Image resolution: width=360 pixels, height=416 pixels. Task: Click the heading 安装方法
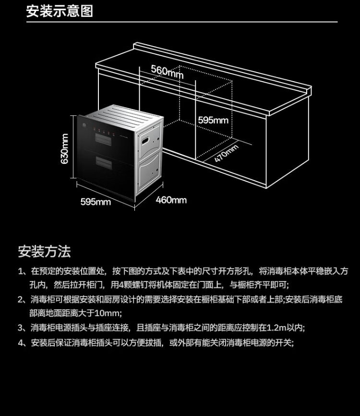(44, 251)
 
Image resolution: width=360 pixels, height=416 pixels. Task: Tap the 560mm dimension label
(167, 71)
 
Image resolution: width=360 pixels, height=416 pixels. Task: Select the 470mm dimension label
(226, 153)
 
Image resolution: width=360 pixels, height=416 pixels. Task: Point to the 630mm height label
(65, 149)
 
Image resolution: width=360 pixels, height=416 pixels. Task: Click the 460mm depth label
(171, 199)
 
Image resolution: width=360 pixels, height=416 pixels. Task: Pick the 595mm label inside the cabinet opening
(213, 120)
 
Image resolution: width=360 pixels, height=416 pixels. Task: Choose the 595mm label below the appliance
(95, 202)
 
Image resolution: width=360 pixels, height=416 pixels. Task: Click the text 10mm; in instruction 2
(109, 313)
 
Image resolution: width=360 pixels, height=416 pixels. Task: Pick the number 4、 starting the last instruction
(22, 343)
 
